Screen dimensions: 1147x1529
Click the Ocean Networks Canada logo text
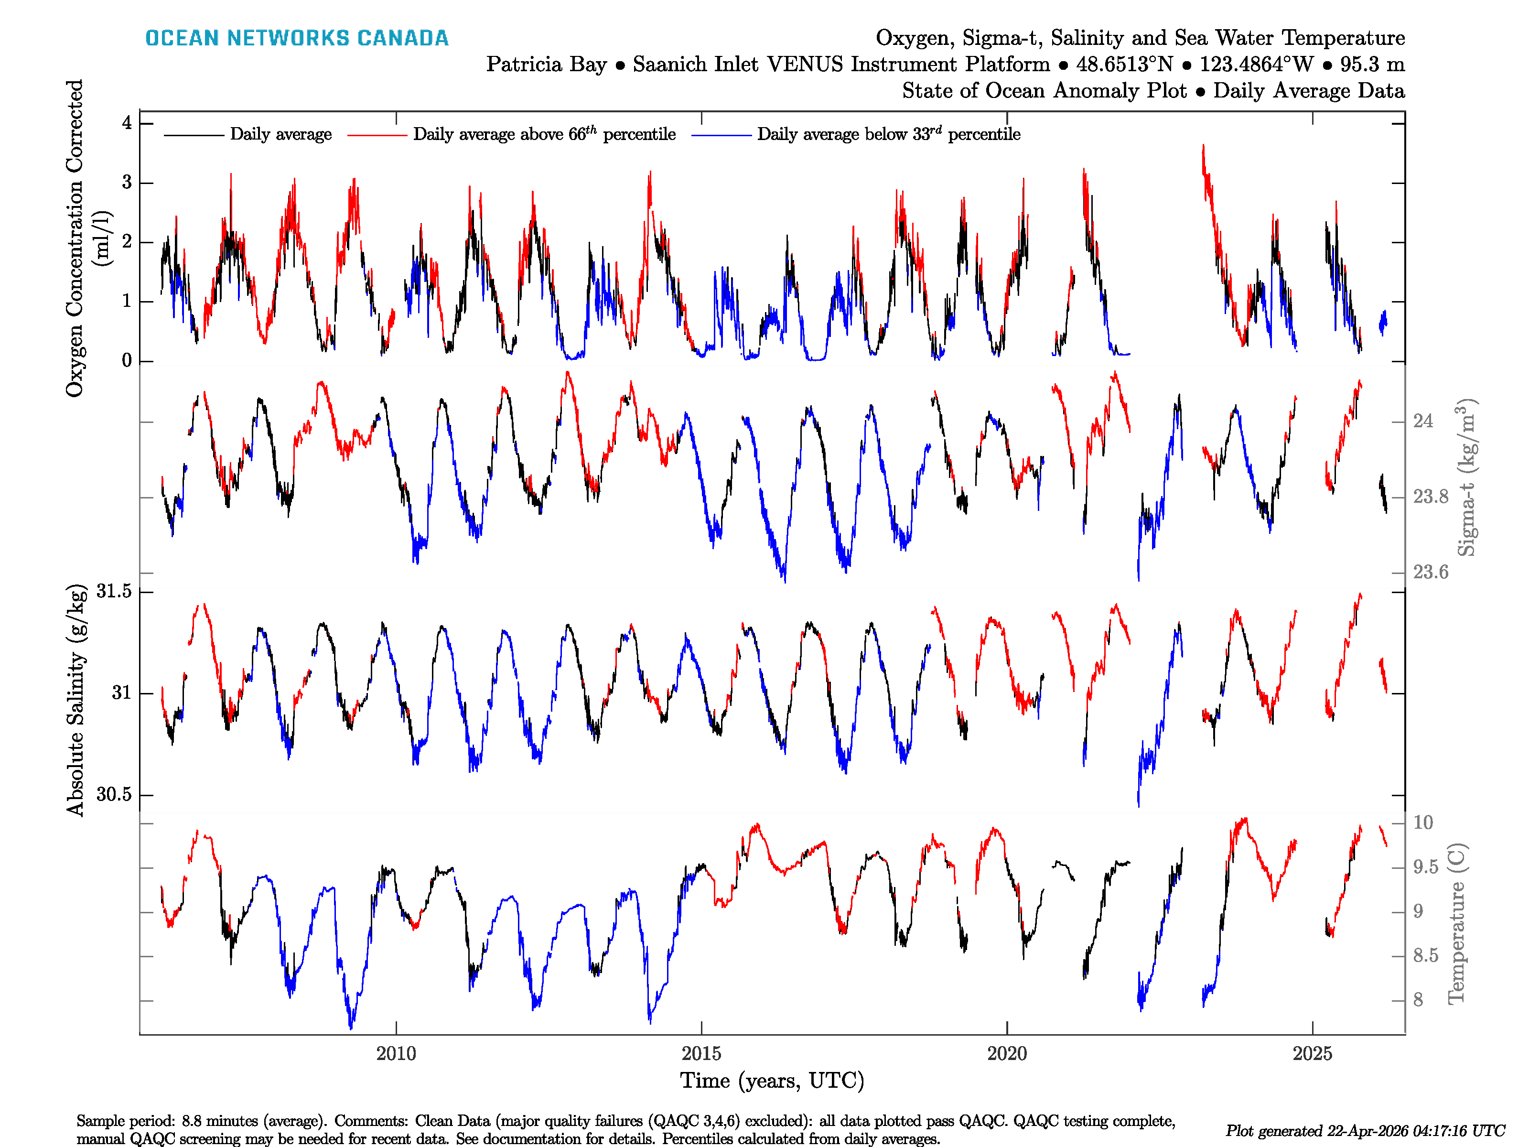pyautogui.click(x=297, y=38)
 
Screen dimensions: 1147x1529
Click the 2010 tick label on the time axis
pyautogui.click(x=396, y=1054)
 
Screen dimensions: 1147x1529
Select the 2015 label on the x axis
pyautogui.click(x=701, y=1054)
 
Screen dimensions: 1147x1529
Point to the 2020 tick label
pyautogui.click(x=1007, y=1054)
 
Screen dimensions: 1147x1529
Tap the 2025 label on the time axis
pyautogui.click(x=1313, y=1054)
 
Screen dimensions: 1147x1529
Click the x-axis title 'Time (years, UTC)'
pyautogui.click(x=772, y=1081)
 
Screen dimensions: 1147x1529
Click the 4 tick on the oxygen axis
pyautogui.click(x=127, y=123)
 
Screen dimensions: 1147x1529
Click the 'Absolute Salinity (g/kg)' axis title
pyautogui.click(x=76, y=700)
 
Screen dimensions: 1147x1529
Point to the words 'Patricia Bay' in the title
pyautogui.click(x=546, y=65)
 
